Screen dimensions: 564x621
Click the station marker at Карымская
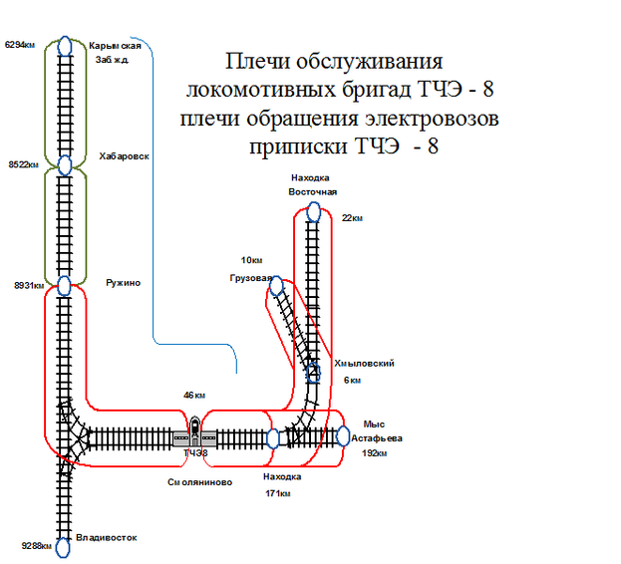[65, 46]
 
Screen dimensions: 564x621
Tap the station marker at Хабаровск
[65, 164]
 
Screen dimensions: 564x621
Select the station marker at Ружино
[65, 286]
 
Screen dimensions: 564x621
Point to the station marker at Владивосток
[63, 545]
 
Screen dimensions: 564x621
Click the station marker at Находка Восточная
[314, 212]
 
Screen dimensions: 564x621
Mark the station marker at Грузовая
[277, 286]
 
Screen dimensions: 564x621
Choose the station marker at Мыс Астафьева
[343, 436]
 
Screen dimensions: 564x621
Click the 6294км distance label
[21, 45]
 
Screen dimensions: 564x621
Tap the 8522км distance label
[24, 164]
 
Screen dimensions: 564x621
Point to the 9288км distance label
[36, 545]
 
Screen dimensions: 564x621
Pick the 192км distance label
[373, 452]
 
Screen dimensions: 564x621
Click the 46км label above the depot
[193, 396]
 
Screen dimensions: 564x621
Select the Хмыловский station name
[365, 364]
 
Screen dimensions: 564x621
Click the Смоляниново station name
[199, 481]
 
